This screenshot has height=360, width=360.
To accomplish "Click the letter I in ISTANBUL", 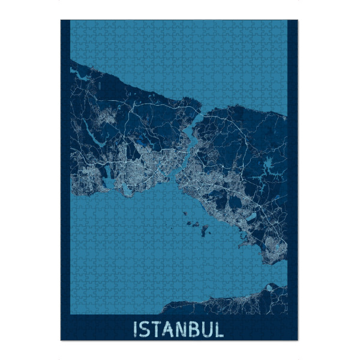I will [136, 329].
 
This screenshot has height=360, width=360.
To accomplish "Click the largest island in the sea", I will [206, 229].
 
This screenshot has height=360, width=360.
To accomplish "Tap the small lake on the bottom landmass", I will [271, 289].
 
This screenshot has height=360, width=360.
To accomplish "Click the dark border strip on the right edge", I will [293, 180].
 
